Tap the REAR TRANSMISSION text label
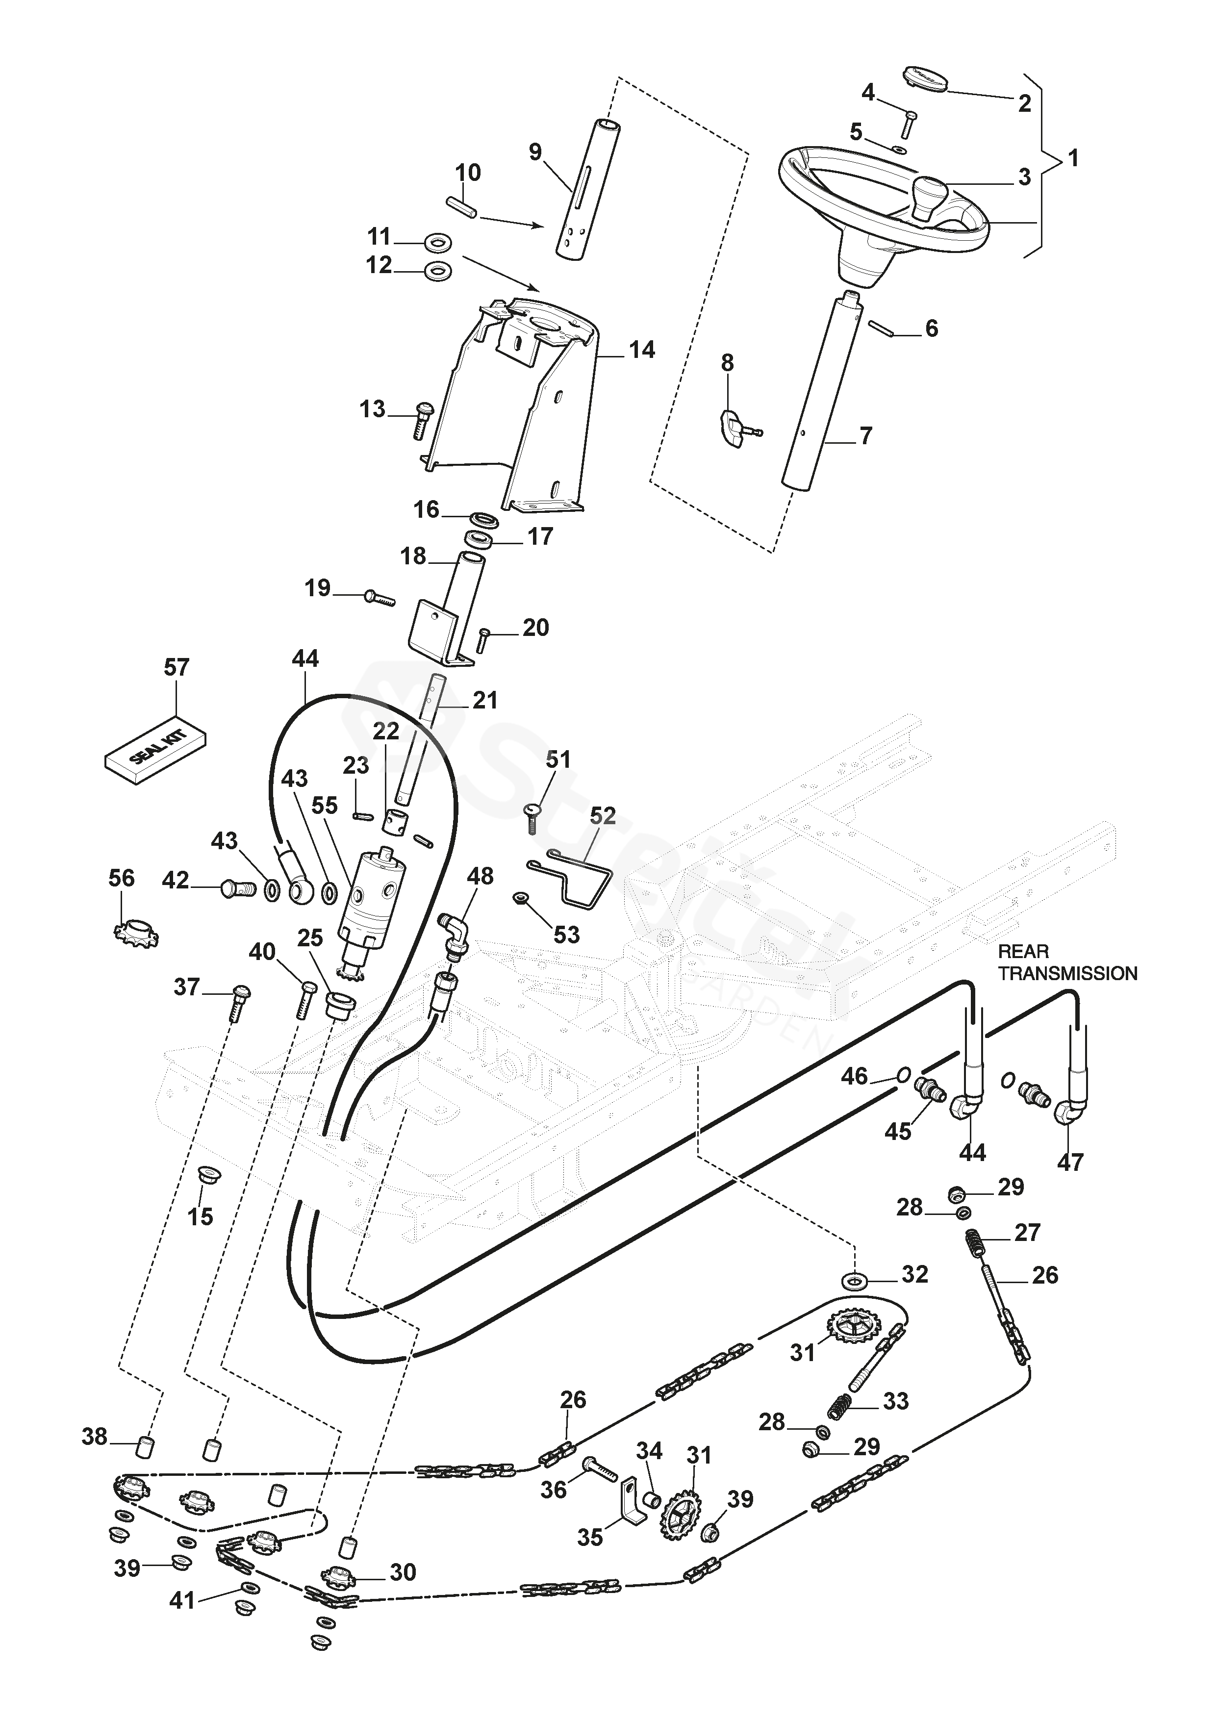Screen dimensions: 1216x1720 (1067, 962)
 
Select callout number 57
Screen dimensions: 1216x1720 (177, 667)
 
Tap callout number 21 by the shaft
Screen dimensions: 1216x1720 (485, 701)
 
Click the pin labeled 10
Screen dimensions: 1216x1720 (461, 207)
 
